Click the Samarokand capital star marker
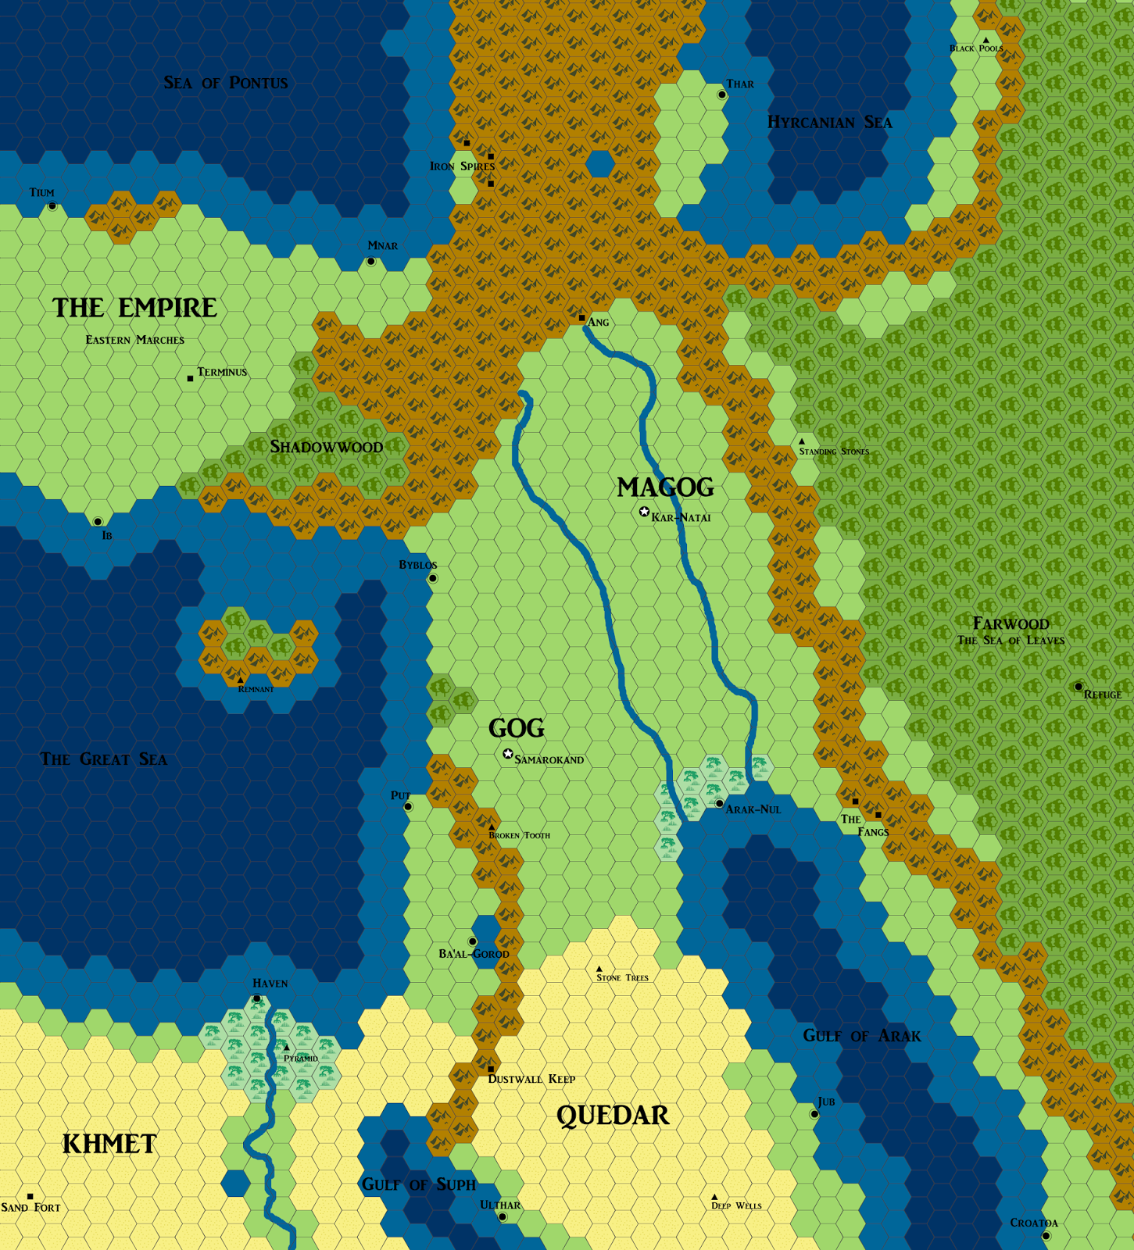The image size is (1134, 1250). (x=508, y=754)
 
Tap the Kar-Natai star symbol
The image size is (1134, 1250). (x=644, y=512)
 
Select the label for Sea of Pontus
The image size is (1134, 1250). (x=226, y=83)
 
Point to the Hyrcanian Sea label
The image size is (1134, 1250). (x=829, y=122)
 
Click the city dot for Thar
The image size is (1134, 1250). (x=722, y=95)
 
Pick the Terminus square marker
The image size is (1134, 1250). (x=190, y=378)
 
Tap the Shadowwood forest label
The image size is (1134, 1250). (x=327, y=447)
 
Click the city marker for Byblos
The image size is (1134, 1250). (x=433, y=578)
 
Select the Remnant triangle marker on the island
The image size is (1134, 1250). (x=240, y=680)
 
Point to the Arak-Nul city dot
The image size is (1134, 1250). (x=719, y=803)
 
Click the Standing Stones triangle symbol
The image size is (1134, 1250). (x=802, y=441)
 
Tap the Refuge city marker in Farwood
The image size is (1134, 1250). (x=1079, y=687)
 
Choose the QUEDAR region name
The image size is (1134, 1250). (x=613, y=1116)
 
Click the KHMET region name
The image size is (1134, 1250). (x=109, y=1145)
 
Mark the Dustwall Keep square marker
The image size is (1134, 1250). (x=491, y=1069)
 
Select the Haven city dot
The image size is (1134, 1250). (x=256, y=998)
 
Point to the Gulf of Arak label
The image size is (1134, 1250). (x=862, y=1036)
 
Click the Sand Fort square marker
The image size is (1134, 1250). (x=30, y=1196)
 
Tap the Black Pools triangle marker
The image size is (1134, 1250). (x=986, y=40)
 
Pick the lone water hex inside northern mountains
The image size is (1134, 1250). (x=599, y=164)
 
